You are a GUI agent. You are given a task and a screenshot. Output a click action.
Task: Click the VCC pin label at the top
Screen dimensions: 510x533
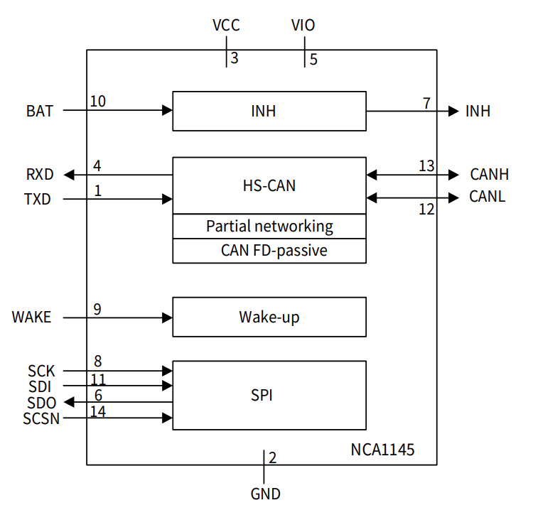(226, 26)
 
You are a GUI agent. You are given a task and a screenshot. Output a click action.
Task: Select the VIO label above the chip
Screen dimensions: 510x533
(303, 26)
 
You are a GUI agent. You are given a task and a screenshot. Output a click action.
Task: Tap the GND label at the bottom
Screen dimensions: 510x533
(266, 494)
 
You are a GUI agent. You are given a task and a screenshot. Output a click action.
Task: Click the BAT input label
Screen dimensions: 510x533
(40, 112)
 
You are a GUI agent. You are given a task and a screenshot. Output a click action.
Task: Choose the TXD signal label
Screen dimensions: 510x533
(38, 200)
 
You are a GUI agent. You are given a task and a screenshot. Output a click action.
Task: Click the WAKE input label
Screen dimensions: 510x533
(32, 317)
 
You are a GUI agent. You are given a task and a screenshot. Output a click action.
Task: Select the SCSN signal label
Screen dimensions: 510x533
(41, 418)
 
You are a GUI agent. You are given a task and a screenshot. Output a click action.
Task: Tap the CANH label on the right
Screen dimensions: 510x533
(488, 175)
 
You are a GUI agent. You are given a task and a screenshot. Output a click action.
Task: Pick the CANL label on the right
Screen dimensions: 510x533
(488, 197)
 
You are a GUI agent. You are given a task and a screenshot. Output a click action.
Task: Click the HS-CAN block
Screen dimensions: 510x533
(269, 185)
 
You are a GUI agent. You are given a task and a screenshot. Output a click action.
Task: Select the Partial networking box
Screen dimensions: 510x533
(269, 227)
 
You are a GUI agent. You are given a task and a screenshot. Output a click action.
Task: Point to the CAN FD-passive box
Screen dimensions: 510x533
(269, 251)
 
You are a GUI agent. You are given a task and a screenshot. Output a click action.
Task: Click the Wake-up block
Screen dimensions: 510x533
(269, 317)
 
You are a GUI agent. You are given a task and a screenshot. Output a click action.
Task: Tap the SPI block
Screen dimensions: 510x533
(269, 395)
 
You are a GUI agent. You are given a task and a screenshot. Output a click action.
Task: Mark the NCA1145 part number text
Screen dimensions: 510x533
(382, 450)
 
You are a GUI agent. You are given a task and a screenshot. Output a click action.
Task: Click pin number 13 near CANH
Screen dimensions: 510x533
(426, 166)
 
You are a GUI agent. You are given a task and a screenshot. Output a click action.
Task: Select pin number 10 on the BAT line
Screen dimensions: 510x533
(98, 102)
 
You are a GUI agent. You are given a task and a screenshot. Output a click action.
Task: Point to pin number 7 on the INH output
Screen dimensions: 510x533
(426, 103)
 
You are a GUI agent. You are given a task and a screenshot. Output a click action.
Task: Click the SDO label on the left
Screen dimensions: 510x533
(42, 403)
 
